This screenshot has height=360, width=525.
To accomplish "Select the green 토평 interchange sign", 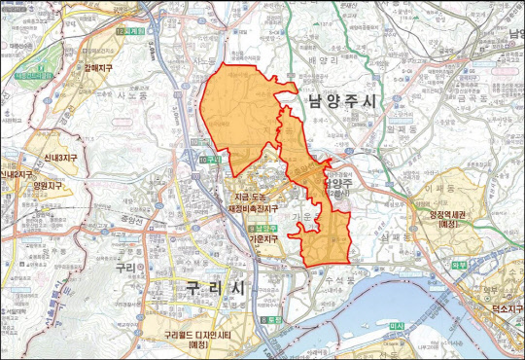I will click(x=269, y=318).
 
